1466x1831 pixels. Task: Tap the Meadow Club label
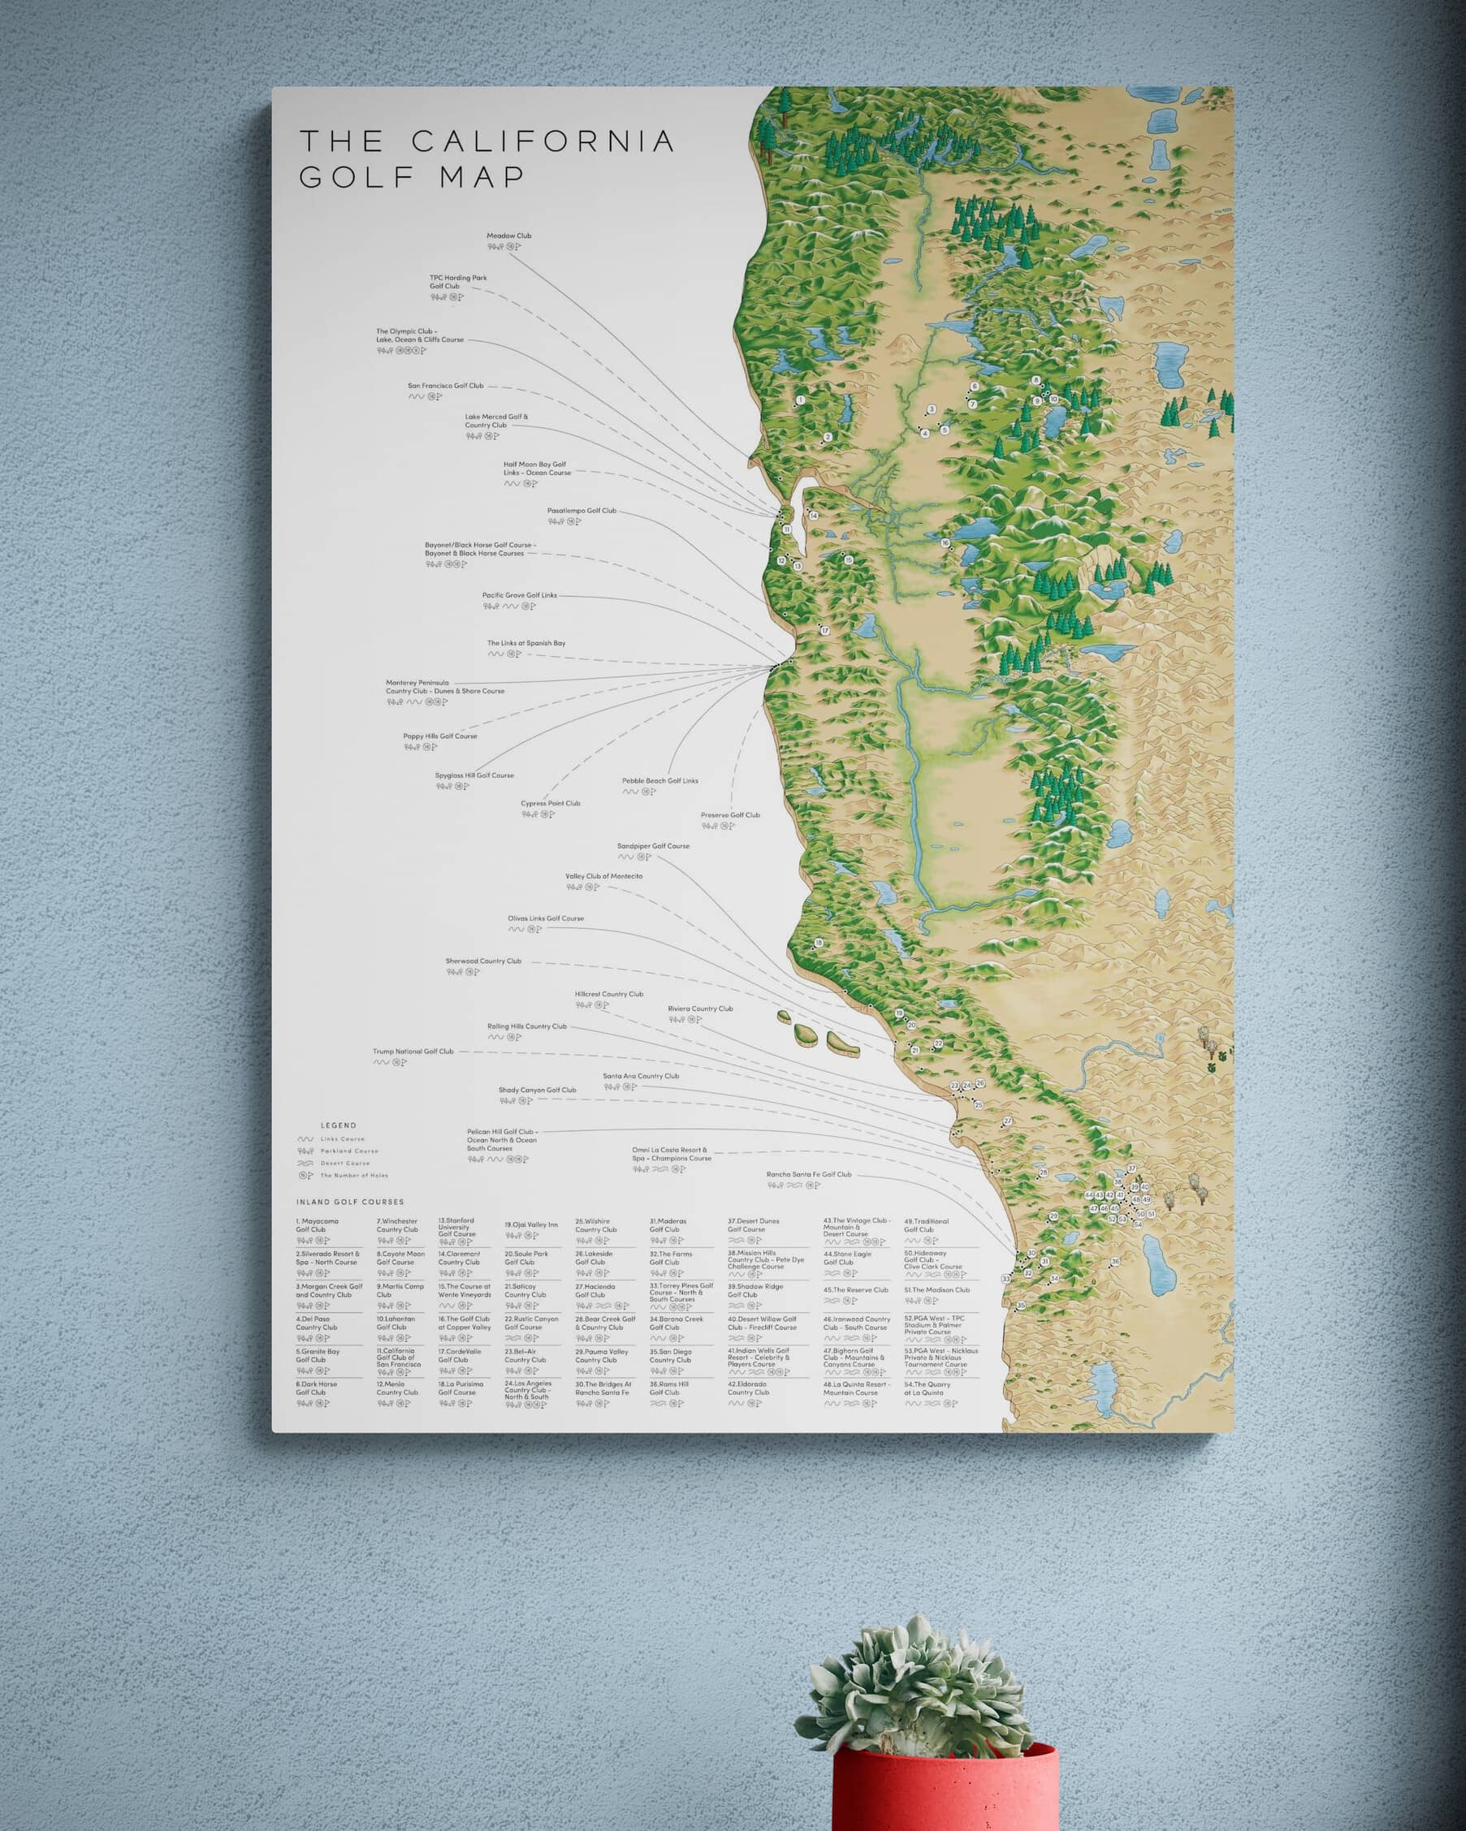[508, 236]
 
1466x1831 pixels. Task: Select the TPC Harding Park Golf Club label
[458, 282]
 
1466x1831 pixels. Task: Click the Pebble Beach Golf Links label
[660, 780]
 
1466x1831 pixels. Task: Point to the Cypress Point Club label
[551, 803]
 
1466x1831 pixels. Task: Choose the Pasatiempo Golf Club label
[581, 512]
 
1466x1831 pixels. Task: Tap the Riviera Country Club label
[700, 1009]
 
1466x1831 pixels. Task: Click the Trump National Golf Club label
[413, 1052]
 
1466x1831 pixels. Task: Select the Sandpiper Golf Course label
[653, 846]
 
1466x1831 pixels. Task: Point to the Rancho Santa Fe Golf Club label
[809, 1175]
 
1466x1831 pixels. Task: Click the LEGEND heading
[338, 1125]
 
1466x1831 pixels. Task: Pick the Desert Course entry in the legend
[345, 1163]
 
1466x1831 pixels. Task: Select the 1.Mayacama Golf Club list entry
[317, 1225]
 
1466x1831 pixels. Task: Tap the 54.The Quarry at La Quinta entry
[928, 1388]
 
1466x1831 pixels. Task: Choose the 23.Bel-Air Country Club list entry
[525, 1356]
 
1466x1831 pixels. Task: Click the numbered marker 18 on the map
[819, 944]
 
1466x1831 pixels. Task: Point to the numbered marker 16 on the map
[945, 542]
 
